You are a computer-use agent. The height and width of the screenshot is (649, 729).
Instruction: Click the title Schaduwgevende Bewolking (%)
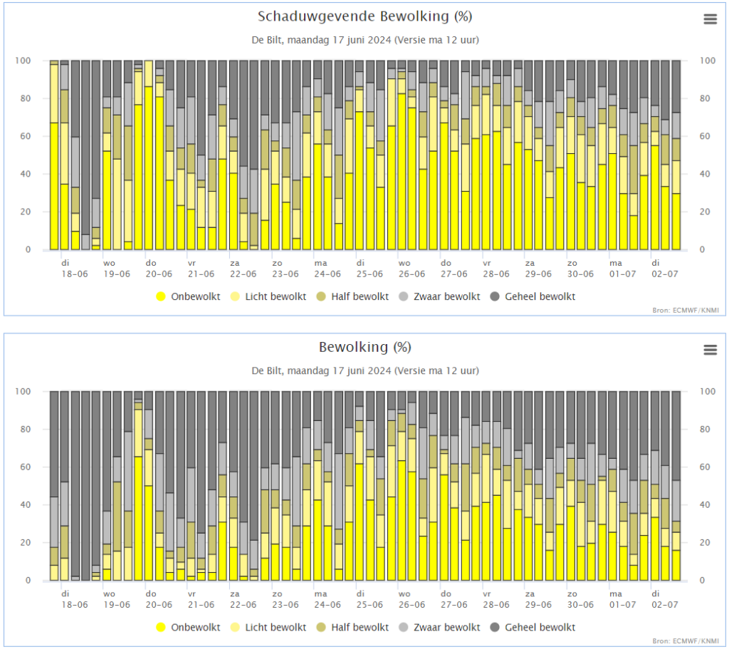point(365,17)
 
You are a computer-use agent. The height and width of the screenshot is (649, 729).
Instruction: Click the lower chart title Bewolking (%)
point(365,348)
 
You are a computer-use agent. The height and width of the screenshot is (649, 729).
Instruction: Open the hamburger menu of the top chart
point(710,19)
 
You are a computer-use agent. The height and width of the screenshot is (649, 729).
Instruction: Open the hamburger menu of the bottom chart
point(710,350)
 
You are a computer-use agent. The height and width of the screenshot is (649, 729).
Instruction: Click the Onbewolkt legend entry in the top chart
point(188,297)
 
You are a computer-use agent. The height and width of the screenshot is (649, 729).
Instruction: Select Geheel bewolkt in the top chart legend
point(533,297)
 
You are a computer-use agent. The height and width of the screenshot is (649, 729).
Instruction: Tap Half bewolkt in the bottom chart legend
point(352,628)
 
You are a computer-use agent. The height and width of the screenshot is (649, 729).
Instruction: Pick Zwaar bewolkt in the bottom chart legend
point(439,628)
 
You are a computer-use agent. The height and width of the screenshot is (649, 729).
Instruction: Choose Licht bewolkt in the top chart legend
point(268,297)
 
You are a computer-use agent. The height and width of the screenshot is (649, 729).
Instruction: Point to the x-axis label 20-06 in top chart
point(159,274)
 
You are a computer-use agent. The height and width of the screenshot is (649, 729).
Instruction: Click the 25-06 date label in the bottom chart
point(369,605)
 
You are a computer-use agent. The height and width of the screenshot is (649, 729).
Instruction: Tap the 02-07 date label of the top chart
point(665,274)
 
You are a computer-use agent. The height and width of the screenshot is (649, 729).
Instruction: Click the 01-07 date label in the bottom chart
point(622,605)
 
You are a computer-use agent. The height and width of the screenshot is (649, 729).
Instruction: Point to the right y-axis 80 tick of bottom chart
point(706,430)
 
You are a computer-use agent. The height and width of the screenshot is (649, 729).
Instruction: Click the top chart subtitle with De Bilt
point(365,40)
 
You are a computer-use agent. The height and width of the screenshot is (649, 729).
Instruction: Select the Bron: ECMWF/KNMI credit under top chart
point(686,311)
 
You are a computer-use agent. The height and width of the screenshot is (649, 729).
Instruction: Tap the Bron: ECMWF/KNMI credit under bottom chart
point(686,641)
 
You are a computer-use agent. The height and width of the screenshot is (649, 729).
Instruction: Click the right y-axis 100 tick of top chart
point(708,61)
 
